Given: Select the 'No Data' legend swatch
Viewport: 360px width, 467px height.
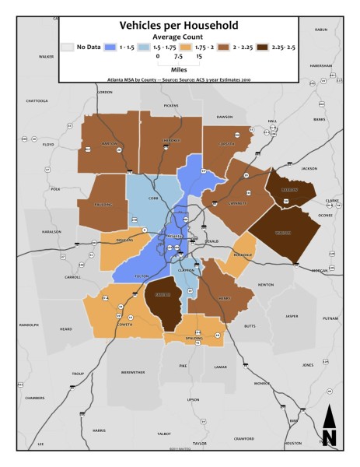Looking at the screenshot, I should coord(69,47).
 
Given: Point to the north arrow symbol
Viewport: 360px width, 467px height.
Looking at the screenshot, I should coord(329,427).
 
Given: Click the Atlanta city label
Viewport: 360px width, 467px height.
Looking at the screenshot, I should coord(175,234).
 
